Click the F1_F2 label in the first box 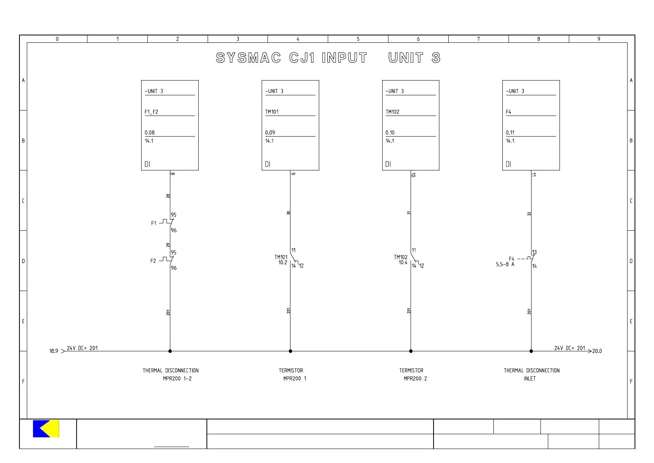tap(151, 112)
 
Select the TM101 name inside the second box tap(272, 112)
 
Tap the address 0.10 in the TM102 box tap(390, 133)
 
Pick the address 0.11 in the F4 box tap(510, 133)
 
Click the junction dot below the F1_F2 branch tap(170, 351)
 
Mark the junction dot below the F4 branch tap(531, 351)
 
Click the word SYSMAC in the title tap(248, 58)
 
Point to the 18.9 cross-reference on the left tap(54, 351)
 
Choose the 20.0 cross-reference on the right tap(597, 351)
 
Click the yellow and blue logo tap(46, 429)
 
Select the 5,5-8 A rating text tap(505, 265)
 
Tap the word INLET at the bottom tap(530, 379)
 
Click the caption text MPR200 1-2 tap(177, 379)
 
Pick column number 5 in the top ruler tap(358, 39)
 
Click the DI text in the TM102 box tap(388, 164)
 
